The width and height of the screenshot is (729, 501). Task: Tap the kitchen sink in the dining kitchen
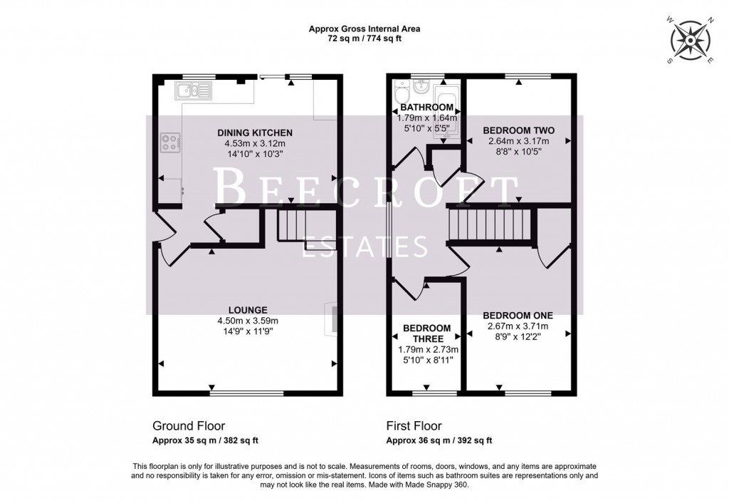[192, 89]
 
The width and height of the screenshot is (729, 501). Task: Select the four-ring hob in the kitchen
[170, 143]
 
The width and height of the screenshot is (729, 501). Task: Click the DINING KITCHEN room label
[246, 133]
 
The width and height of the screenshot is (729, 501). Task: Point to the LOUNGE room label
[248, 309]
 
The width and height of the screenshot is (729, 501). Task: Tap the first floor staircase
[491, 224]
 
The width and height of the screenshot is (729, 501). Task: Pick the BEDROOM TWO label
[518, 130]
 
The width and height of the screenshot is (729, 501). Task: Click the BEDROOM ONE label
[518, 315]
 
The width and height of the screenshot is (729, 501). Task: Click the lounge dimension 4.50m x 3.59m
[248, 320]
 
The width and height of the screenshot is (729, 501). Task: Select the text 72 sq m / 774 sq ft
[364, 40]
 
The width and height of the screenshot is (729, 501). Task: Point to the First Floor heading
[410, 425]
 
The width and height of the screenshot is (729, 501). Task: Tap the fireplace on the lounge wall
[332, 319]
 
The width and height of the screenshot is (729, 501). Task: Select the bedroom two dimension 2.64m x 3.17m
[518, 141]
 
